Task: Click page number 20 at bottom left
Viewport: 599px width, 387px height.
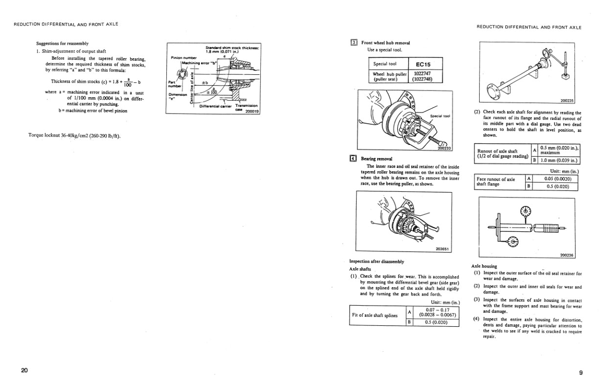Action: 24,370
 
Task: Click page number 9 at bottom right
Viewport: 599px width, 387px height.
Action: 580,373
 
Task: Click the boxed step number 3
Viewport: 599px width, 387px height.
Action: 354,43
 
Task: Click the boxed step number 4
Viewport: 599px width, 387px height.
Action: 353,159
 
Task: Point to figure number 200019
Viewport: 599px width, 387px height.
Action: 252,111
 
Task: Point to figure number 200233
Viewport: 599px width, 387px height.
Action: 444,148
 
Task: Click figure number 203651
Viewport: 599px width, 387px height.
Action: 441,249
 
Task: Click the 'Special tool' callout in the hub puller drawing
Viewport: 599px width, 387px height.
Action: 439,116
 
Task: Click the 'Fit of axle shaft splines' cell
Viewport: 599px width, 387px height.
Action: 375,315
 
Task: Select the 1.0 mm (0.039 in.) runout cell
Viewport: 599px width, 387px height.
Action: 558,160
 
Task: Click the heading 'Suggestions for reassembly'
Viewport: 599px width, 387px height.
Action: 62,43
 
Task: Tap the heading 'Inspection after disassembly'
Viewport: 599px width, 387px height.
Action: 376,261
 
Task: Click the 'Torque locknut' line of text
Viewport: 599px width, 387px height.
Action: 74,136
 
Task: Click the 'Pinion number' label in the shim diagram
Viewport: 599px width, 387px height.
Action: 184,58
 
